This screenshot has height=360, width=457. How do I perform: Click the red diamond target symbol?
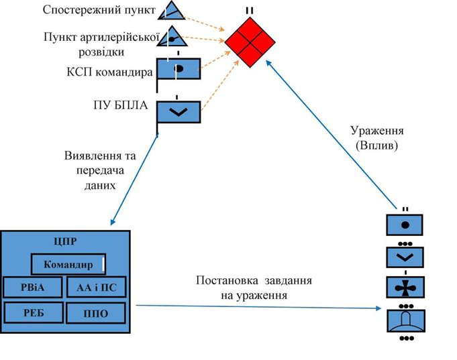[x=250, y=42]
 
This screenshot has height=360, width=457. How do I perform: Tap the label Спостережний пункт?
[x=99, y=10]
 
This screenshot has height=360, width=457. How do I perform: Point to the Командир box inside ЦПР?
[x=68, y=264]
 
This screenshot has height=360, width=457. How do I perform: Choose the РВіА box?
[x=33, y=288]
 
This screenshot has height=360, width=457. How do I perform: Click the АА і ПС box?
[x=96, y=288]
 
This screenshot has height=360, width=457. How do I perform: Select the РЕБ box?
[x=33, y=312]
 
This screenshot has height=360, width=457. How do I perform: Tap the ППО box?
[x=96, y=313]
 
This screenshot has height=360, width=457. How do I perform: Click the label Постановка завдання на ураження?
[x=254, y=287]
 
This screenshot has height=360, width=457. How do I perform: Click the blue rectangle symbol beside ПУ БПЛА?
[x=178, y=111]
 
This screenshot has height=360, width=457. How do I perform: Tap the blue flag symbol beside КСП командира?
[x=179, y=69]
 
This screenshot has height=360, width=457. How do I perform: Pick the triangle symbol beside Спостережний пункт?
[x=173, y=9]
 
